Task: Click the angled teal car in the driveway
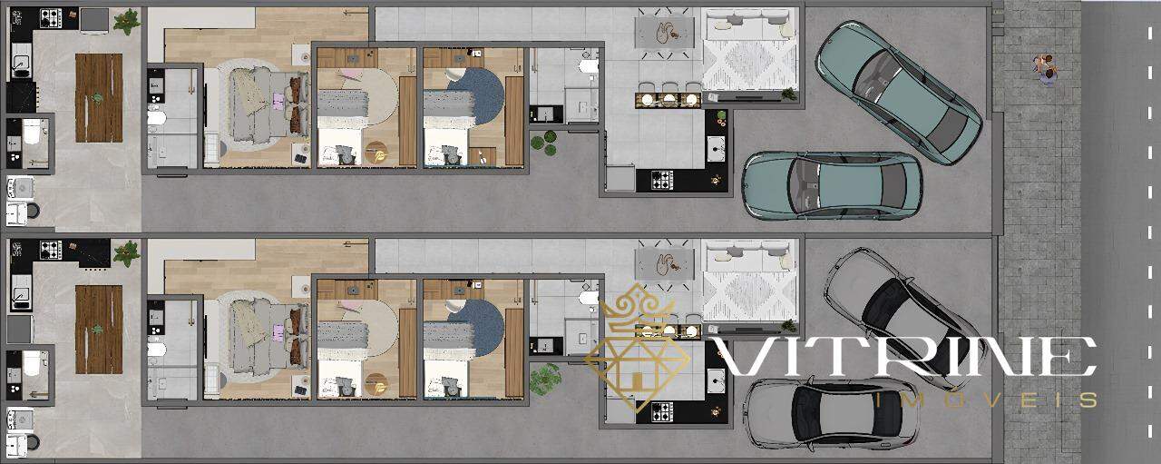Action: click(x=899, y=93)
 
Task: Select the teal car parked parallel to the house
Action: click(x=832, y=184)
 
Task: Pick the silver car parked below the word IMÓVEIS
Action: click(x=831, y=414)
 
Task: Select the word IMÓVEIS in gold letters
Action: click(x=985, y=400)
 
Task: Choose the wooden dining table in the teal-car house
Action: click(x=99, y=97)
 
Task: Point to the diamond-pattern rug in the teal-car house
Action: click(x=749, y=64)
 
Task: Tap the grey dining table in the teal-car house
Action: click(x=666, y=32)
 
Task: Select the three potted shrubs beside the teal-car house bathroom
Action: click(x=543, y=143)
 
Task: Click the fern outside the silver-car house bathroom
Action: click(x=545, y=379)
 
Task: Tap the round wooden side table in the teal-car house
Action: click(x=376, y=152)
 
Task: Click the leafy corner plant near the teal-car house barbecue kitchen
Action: click(x=126, y=22)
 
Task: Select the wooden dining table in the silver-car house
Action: click(x=99, y=330)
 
